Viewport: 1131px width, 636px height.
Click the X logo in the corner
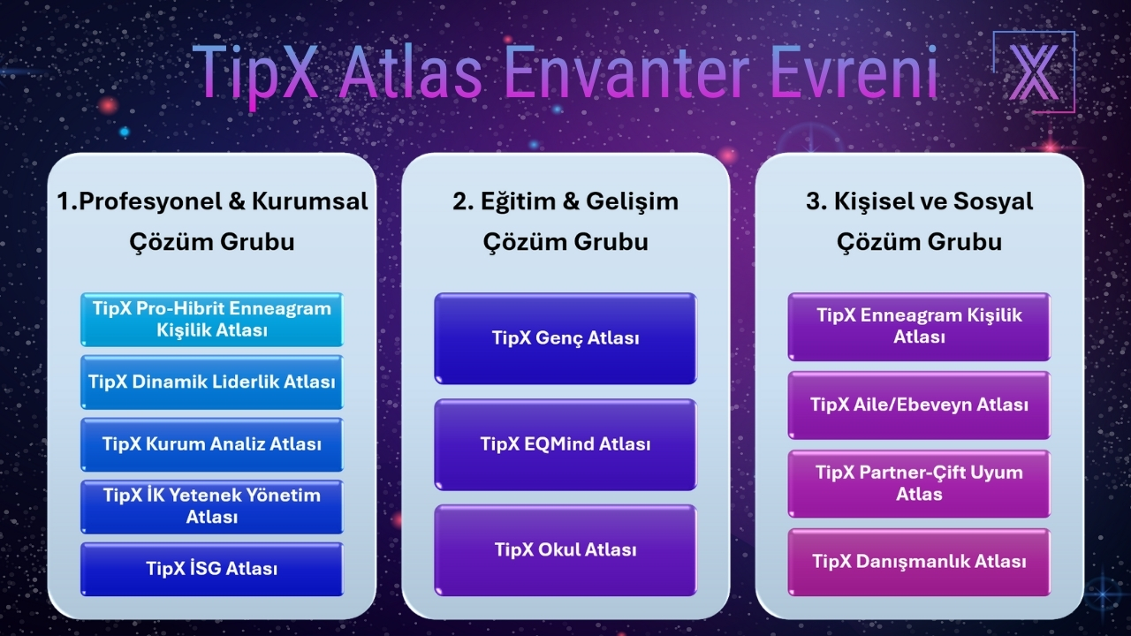1034,72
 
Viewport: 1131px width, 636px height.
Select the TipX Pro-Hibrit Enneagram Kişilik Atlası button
212,319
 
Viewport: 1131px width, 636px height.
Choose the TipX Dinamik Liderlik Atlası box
212,382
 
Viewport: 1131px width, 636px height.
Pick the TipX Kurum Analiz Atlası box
212,444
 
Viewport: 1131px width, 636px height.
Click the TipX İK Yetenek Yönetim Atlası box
212,506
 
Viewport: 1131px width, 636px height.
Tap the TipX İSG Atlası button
212,569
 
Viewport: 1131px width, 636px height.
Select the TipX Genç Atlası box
565,338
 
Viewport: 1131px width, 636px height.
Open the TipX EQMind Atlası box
565,444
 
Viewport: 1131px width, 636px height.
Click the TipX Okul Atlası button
565,549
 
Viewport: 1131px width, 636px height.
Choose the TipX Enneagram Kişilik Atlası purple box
919,327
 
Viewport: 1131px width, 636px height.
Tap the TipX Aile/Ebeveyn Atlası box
919,405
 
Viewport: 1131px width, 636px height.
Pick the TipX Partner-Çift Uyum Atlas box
919,483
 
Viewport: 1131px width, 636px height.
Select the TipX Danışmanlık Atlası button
919,562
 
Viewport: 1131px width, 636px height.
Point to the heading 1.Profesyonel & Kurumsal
212,201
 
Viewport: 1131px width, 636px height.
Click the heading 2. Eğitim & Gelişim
565,201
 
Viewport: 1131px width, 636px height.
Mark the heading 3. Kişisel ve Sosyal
919,201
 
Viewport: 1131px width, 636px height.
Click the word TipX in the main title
256,72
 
